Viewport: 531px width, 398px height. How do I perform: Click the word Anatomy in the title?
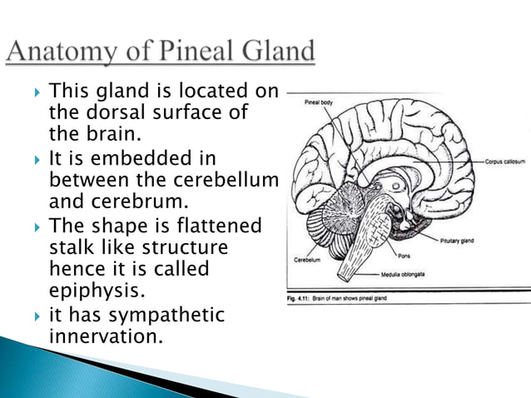click(x=62, y=52)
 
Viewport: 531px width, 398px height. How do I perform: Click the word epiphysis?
click(x=95, y=292)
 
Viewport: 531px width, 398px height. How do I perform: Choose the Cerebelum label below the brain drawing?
click(x=306, y=260)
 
